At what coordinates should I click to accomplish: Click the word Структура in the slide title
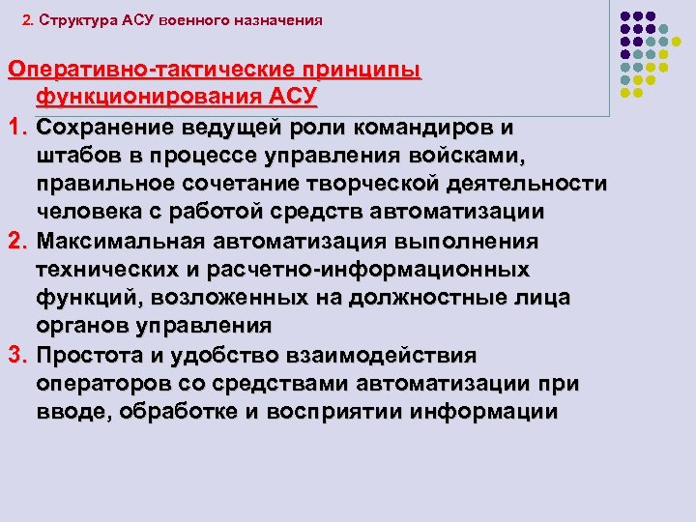(x=83, y=19)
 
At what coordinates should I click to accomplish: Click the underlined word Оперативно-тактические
(x=154, y=71)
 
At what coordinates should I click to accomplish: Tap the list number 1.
(x=15, y=128)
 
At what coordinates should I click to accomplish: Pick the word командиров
(x=419, y=128)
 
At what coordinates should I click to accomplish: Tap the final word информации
(x=483, y=411)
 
